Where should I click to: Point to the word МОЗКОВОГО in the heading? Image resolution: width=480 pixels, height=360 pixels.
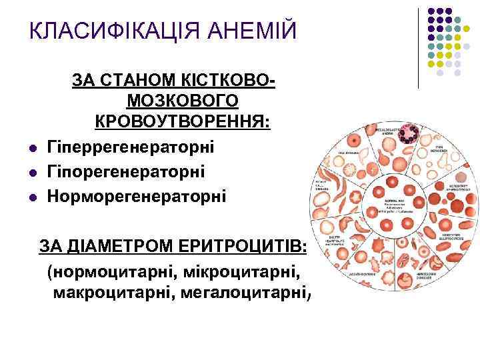182,101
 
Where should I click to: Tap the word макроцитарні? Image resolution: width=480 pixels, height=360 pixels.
109,293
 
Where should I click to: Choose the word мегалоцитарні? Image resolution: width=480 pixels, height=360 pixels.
242,293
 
